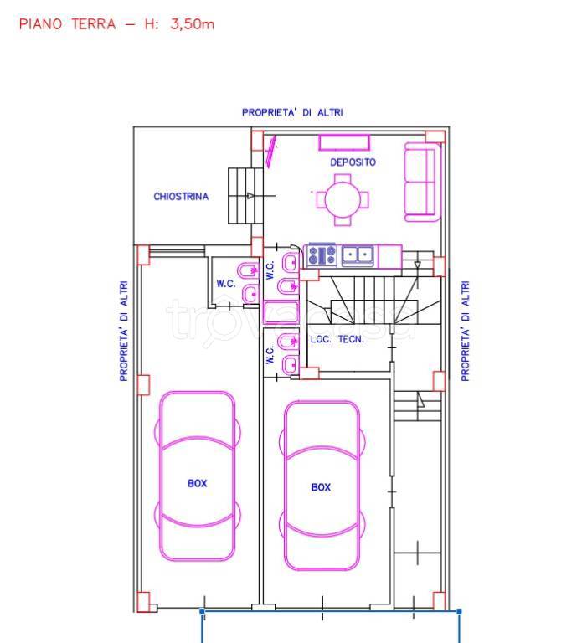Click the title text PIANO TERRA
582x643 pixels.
point(67,23)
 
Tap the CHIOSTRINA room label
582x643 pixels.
point(181,197)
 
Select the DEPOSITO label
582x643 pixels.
point(353,162)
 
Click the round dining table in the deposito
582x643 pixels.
point(343,200)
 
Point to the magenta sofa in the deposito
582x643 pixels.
point(422,182)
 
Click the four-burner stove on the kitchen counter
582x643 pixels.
point(322,255)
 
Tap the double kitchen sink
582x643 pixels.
point(358,255)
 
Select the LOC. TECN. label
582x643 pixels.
point(337,340)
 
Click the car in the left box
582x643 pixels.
point(198,476)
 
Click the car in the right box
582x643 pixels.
point(322,486)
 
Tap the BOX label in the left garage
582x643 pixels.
point(198,483)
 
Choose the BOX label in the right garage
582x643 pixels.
point(321,487)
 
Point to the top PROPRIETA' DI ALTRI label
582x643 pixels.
point(292,112)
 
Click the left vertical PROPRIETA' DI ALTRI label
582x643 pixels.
point(123,331)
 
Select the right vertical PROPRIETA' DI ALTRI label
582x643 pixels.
point(465,331)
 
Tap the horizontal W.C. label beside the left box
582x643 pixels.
point(226,284)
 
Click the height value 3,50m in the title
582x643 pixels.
point(192,23)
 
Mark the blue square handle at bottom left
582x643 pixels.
point(202,611)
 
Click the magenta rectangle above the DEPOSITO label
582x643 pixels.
point(344,143)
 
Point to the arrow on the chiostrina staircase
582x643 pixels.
point(250,196)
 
